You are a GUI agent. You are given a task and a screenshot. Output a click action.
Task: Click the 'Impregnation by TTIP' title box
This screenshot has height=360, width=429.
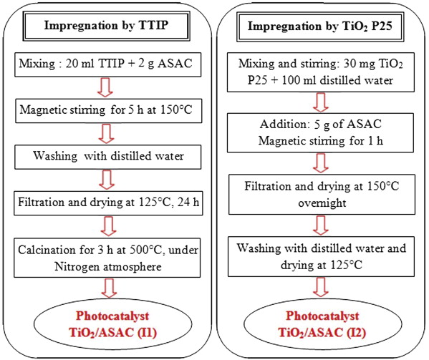tap(106, 26)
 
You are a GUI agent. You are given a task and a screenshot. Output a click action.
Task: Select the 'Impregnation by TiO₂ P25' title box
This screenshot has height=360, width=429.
tap(320, 26)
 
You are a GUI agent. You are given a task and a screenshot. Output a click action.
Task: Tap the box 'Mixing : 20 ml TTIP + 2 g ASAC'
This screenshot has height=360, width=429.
tap(108, 64)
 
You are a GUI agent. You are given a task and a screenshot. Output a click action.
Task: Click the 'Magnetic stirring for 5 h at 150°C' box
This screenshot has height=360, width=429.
tap(109, 111)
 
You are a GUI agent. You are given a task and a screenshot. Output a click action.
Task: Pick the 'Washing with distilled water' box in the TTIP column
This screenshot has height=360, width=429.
tap(108, 157)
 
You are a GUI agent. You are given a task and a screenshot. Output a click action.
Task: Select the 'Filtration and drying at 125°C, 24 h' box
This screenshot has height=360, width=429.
tap(108, 203)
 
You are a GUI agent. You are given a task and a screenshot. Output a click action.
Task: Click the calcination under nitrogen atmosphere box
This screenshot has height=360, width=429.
tap(107, 258)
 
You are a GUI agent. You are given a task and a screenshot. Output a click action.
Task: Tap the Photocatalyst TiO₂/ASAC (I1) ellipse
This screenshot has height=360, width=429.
tap(112, 324)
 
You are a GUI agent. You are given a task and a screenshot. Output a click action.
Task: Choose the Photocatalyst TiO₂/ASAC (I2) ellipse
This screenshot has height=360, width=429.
tap(322, 324)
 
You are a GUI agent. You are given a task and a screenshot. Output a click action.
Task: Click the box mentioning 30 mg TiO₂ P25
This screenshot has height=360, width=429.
tap(321, 72)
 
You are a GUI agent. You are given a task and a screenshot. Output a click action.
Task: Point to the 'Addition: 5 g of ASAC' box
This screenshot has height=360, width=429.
tap(320, 133)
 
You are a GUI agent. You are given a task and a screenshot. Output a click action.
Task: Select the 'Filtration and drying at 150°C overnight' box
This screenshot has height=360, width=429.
tap(322, 195)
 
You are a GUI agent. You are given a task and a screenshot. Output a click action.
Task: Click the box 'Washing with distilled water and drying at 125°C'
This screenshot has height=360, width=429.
tap(321, 257)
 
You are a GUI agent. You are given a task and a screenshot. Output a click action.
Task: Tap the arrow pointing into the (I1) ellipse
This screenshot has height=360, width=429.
tap(109, 288)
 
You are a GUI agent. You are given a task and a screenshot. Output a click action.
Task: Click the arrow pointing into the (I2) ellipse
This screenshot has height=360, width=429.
tap(321, 287)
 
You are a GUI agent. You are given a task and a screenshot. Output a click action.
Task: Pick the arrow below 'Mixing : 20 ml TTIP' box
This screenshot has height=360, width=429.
tap(105, 87)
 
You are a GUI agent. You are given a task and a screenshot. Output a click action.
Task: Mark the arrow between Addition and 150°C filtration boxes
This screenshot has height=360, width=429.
tap(321, 163)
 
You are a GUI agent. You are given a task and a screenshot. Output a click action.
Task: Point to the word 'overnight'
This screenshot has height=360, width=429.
tap(322, 203)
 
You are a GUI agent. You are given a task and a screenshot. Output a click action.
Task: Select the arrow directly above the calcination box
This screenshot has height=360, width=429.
tap(109, 227)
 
